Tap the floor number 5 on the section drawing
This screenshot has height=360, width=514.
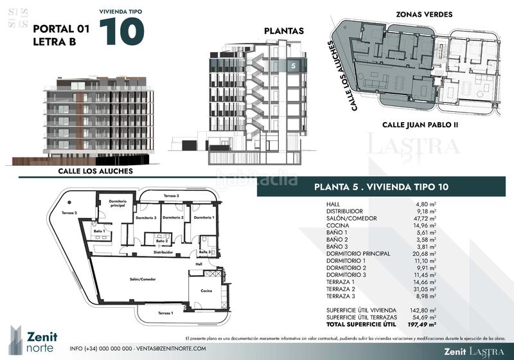[x=293, y=65]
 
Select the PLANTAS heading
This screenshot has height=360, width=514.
[x=283, y=31]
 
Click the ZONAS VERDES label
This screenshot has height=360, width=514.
[x=424, y=14]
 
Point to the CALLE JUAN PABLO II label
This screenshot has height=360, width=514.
[x=420, y=125]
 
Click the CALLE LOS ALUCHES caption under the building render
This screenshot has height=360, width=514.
[x=96, y=171]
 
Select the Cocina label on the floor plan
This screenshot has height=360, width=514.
[x=206, y=291]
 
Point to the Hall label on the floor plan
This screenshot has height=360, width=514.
[x=199, y=264]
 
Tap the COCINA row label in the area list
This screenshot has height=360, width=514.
[x=337, y=226]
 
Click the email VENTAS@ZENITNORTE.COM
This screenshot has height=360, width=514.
[x=170, y=348]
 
